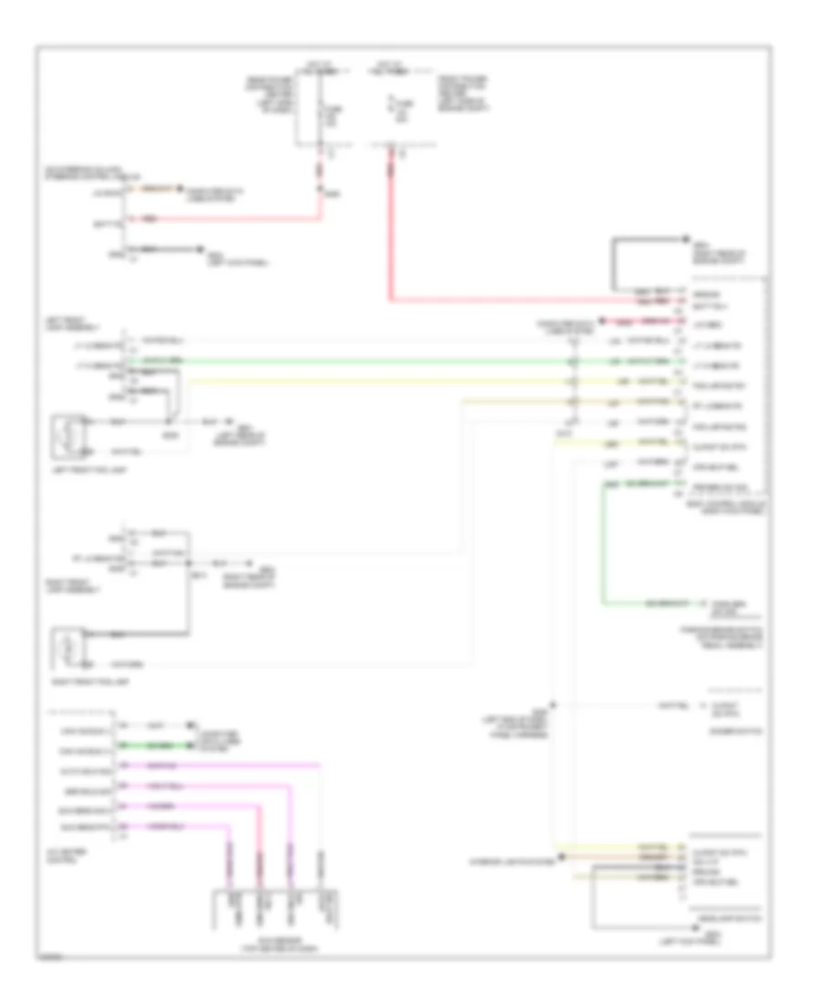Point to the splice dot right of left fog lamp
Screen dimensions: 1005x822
168,422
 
